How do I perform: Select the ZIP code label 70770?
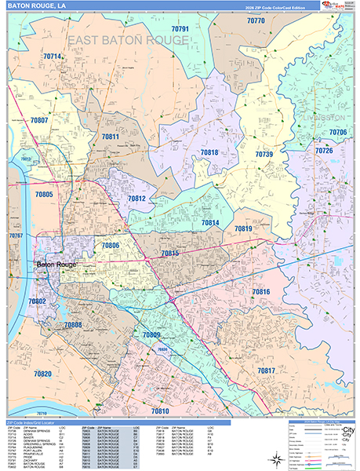coord(256,21)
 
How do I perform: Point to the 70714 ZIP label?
coord(53,57)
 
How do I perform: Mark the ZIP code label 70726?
coord(324,150)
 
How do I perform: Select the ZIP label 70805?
coord(44,194)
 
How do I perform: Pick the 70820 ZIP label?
coord(43,374)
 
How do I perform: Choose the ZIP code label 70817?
coord(267,370)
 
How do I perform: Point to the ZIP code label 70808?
coord(72,324)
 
